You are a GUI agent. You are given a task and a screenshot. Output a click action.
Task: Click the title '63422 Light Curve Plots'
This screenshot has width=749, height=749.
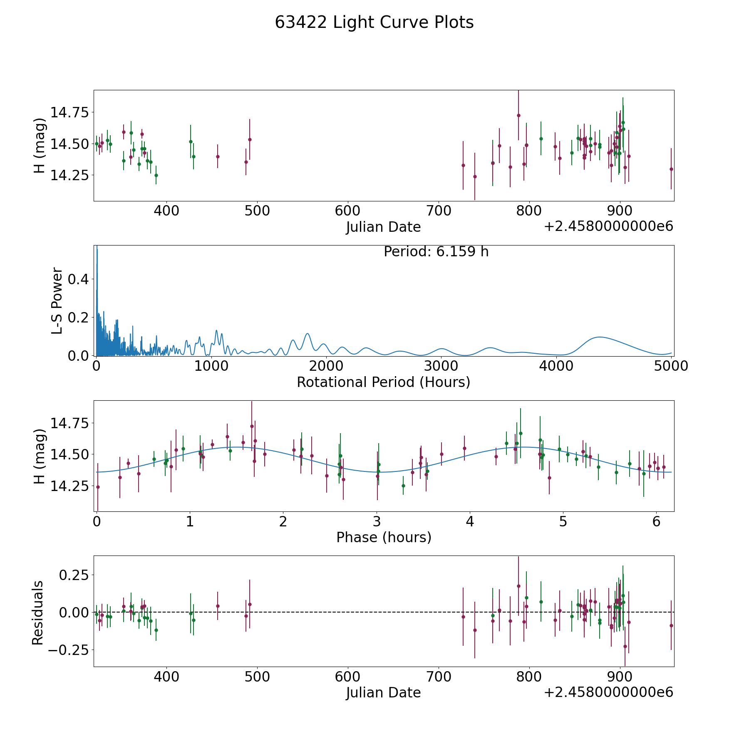pos(374,22)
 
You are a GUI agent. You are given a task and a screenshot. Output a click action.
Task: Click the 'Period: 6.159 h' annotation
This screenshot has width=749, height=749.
pos(436,252)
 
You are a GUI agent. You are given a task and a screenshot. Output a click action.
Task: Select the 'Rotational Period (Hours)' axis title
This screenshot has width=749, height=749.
pos(383,382)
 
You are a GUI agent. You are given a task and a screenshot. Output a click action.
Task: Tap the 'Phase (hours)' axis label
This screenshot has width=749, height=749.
pos(384,537)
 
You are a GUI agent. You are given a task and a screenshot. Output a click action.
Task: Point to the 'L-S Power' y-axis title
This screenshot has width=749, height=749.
pos(57,300)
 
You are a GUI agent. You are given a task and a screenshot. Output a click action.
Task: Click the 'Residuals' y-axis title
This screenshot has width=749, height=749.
pos(38,613)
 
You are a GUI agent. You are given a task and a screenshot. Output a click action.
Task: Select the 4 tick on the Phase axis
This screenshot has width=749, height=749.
pos(470,521)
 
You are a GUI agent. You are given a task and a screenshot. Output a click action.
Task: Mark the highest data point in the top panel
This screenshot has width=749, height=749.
pos(518,115)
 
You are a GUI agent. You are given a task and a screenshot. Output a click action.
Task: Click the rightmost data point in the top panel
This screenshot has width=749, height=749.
pos(671,169)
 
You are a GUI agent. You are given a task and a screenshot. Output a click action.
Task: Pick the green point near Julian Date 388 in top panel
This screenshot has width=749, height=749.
pos(156,175)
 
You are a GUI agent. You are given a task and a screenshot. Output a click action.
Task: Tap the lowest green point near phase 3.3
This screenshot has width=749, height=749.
pos(403,486)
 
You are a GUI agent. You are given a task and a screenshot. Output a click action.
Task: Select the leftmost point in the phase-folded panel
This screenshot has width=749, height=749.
pos(98,487)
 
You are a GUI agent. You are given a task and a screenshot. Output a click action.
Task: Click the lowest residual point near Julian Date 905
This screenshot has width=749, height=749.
pos(625,646)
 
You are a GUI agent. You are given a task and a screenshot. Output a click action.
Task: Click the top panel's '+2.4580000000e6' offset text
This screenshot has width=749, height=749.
pos(608,226)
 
